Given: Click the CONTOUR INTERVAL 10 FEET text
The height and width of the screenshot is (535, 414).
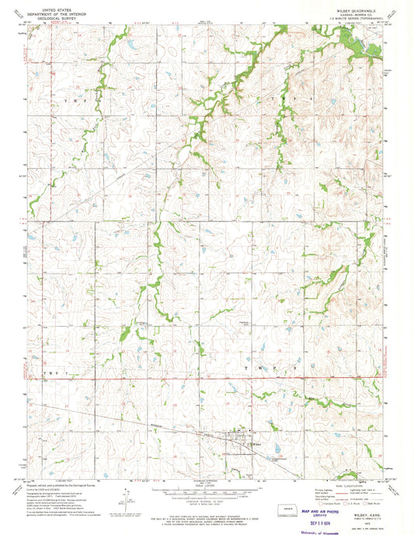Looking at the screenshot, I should pos(206,493).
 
